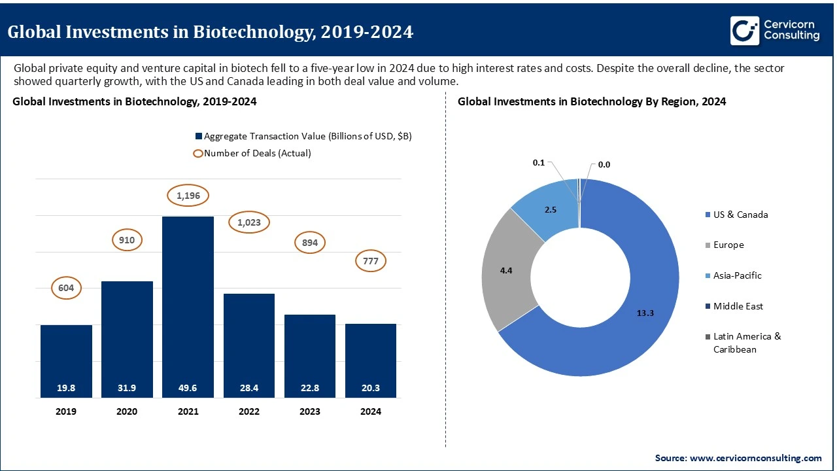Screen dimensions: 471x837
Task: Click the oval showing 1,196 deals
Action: [188, 195]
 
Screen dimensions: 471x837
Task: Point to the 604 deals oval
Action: [66, 288]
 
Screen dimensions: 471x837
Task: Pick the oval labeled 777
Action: [370, 262]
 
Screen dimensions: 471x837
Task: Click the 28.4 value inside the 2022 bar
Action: [248, 388]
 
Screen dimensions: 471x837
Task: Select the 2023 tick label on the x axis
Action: [309, 411]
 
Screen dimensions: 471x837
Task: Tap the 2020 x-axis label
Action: [127, 411]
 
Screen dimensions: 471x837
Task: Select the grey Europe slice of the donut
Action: [507, 270]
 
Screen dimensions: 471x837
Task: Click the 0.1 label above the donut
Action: [539, 162]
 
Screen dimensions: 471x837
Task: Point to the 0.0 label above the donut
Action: [604, 165]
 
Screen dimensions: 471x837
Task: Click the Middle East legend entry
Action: [738, 306]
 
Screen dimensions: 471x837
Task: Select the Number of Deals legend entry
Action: [252, 153]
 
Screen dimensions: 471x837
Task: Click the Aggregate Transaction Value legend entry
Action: [303, 136]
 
